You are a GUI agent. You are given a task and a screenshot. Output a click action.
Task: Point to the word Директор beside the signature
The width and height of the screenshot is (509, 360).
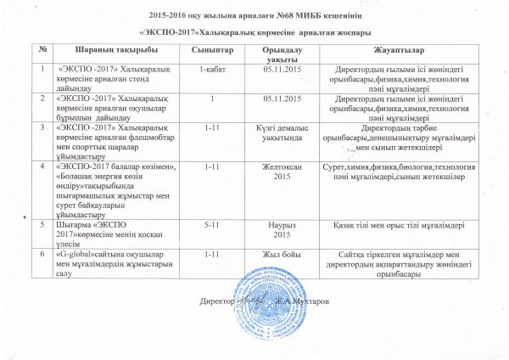(x=217, y=301)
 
